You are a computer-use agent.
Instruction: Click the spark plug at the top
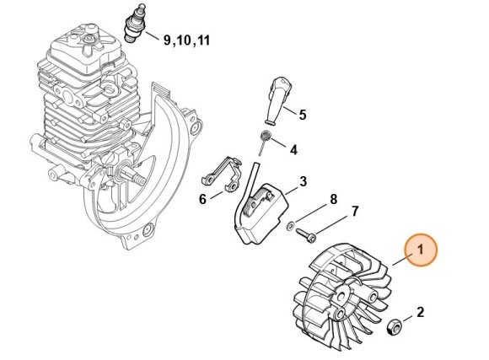click(x=134, y=22)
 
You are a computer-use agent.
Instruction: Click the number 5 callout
click(x=303, y=114)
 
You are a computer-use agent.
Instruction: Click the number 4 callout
click(x=293, y=150)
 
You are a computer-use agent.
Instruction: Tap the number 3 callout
click(x=303, y=181)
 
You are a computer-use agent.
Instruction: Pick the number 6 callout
click(x=202, y=199)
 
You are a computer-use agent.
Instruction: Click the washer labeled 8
click(x=290, y=225)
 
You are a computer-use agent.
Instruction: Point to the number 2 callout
click(x=420, y=313)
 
